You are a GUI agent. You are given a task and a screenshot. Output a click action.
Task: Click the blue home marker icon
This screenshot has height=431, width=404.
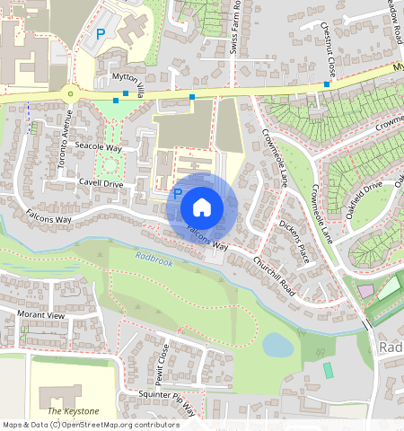[202, 207]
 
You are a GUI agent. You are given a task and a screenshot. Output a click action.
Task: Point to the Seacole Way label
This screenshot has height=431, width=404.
[98, 146]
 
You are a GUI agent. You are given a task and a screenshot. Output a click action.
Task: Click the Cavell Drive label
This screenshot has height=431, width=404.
[101, 183]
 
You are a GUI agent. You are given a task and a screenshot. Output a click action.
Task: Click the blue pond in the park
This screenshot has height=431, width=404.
[278, 344]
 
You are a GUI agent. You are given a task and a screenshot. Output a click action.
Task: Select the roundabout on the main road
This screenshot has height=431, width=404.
[68, 92]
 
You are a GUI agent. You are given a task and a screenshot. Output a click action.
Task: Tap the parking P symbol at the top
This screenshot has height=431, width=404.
[101, 33]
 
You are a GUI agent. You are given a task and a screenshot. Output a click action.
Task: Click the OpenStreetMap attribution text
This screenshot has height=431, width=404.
[90, 424]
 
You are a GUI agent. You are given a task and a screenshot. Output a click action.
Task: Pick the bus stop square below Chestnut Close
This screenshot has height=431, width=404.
[327, 84]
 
